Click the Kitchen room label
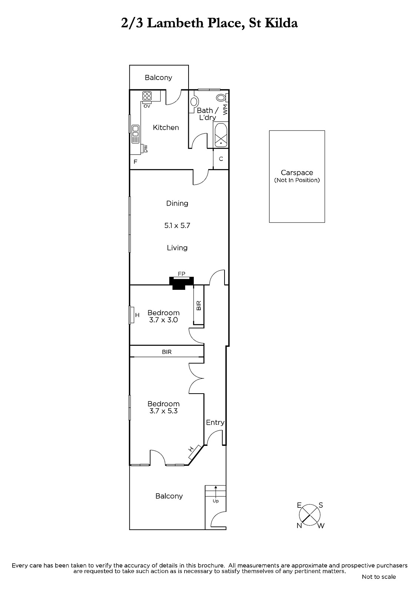click(166, 127)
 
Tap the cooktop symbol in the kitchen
click(147, 96)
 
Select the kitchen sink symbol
click(136, 134)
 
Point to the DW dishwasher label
click(145, 149)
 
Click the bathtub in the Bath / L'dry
click(221, 135)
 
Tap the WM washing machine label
click(225, 110)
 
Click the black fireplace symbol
click(182, 283)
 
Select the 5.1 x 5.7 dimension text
click(177, 226)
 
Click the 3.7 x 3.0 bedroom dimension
click(163, 320)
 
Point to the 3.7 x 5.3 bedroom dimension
click(163, 411)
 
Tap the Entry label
click(215, 423)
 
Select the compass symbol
click(310, 515)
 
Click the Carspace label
click(297, 173)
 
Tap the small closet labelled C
click(221, 159)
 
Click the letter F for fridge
click(135, 162)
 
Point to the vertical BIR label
click(199, 305)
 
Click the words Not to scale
click(379, 577)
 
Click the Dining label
click(177, 203)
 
